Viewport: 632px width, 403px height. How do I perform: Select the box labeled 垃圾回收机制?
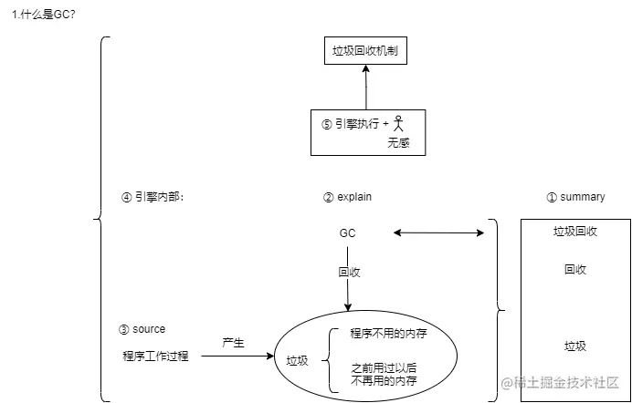click(x=365, y=52)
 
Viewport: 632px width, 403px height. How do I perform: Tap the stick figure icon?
click(x=398, y=123)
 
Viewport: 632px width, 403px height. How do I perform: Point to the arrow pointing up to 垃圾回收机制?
click(x=365, y=88)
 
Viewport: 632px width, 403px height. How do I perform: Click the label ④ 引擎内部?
click(x=153, y=196)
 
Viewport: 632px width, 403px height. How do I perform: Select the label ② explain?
click(x=347, y=196)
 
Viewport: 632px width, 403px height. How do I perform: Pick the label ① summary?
click(x=574, y=196)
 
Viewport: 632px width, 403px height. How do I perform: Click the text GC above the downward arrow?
click(x=347, y=233)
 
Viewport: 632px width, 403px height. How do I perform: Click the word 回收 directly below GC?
click(x=348, y=272)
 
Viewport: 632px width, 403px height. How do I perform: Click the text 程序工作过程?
click(x=154, y=356)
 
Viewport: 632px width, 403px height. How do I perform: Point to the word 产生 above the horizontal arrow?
click(x=233, y=341)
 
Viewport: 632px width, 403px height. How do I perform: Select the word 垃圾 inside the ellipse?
click(x=298, y=361)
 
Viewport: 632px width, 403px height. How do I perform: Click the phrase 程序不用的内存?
click(x=389, y=334)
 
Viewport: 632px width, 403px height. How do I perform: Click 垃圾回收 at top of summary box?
click(x=574, y=232)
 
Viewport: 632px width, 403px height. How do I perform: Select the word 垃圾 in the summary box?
click(x=574, y=346)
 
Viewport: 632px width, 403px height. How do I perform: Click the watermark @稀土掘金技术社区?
click(x=558, y=385)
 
